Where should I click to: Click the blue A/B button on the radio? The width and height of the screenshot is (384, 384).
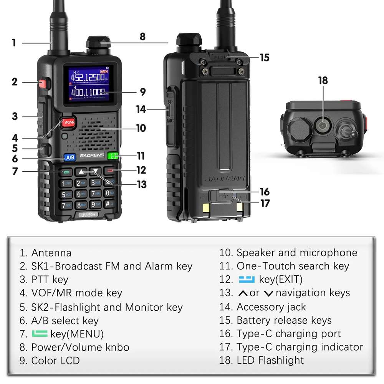70,157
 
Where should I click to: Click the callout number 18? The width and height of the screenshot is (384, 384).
323,81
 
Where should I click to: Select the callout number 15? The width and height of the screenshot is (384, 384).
265,58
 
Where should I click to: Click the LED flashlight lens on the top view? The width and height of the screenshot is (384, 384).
323,125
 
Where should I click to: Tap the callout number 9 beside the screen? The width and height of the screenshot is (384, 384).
143,92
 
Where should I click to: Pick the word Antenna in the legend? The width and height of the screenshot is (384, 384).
51,253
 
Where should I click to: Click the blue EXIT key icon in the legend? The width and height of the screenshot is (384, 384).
247,280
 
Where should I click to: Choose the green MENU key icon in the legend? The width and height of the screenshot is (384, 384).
40,334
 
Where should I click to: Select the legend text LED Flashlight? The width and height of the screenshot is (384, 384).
270,360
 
